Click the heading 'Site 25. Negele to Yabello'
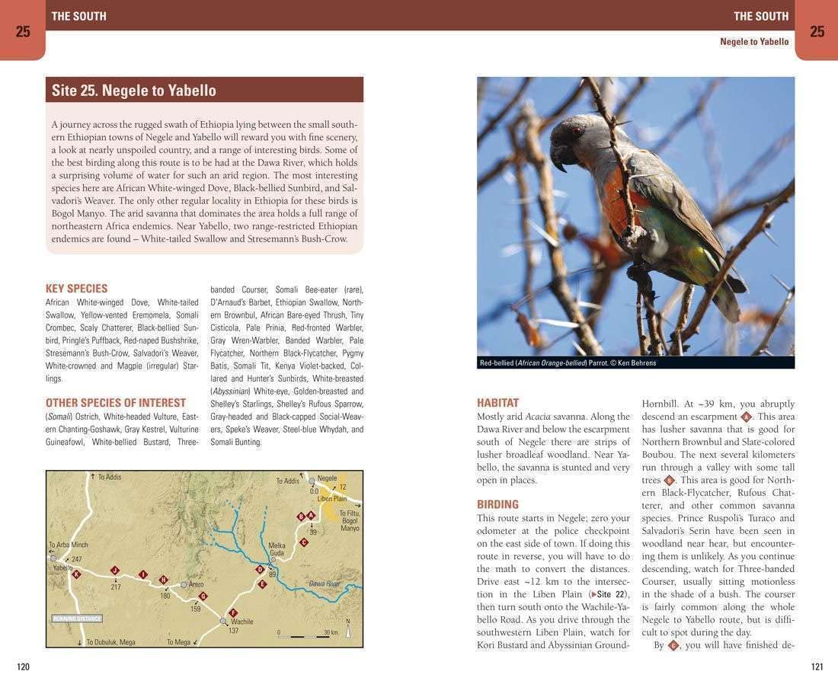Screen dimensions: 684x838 click(x=134, y=91)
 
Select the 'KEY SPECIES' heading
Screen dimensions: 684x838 click(x=76, y=289)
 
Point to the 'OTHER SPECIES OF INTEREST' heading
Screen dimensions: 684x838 click(x=116, y=403)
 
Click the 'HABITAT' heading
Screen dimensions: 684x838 click(x=497, y=403)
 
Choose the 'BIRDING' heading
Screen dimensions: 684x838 click(x=497, y=504)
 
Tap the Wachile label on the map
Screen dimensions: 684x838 click(x=241, y=622)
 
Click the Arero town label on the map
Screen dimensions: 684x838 click(x=196, y=585)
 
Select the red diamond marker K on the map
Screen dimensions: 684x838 click(x=76, y=574)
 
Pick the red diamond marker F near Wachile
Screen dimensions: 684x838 click(x=233, y=612)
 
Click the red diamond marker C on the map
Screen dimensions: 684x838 click(x=304, y=542)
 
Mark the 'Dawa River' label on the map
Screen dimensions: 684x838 click(x=324, y=584)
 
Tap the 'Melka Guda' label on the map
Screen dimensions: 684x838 click(x=277, y=549)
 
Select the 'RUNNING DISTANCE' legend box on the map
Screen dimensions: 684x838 click(x=77, y=618)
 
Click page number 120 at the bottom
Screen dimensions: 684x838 click(x=23, y=667)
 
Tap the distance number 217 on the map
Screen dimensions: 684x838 click(x=115, y=587)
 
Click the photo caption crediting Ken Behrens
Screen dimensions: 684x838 click(x=568, y=363)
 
